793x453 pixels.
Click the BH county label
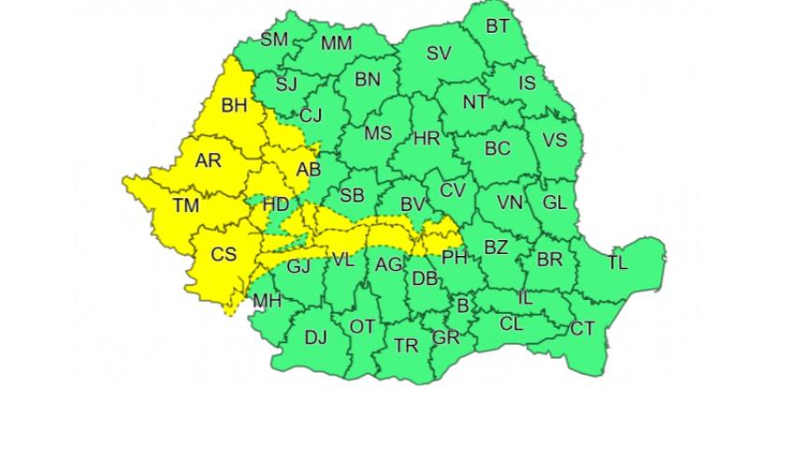(x=234, y=106)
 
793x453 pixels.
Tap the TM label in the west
(x=186, y=205)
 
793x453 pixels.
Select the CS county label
(x=223, y=254)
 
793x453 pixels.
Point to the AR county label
(x=209, y=161)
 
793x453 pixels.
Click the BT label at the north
(x=497, y=26)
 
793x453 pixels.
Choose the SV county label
(x=439, y=53)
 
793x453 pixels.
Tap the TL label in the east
(x=617, y=262)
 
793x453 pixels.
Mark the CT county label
(x=582, y=328)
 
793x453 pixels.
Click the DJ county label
(x=316, y=337)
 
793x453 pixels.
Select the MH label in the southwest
(x=267, y=301)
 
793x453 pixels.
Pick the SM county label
(x=274, y=39)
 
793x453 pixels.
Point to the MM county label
(x=337, y=43)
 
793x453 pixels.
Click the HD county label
(x=276, y=204)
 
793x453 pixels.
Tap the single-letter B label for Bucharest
(x=463, y=304)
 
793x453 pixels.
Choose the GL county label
(x=555, y=202)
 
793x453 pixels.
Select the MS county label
(x=378, y=134)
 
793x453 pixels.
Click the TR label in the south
(x=406, y=346)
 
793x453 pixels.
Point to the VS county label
(x=555, y=140)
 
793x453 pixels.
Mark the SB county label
(x=352, y=195)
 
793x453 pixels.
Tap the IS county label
(x=527, y=83)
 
